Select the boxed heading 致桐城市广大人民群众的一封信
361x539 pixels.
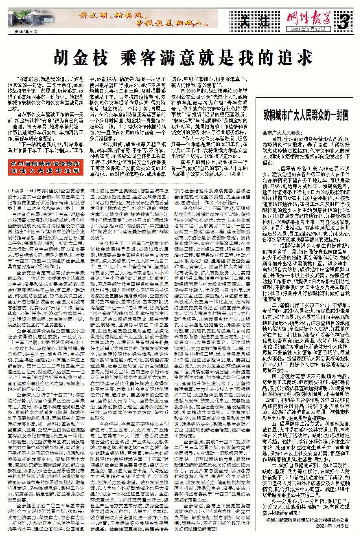click(x=306, y=116)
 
